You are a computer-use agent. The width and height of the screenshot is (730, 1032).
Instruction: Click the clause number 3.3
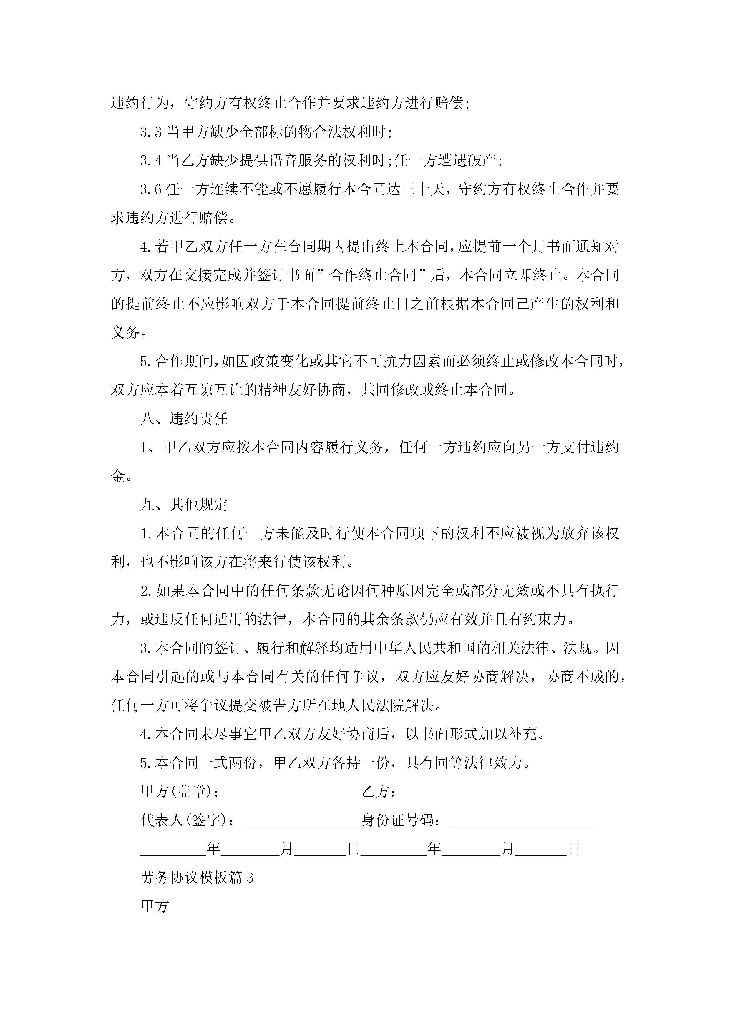pyautogui.click(x=151, y=132)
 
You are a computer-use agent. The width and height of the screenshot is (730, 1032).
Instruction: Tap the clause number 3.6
pyautogui.click(x=151, y=189)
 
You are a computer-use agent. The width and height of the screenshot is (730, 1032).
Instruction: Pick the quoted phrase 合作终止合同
pyautogui.click(x=373, y=275)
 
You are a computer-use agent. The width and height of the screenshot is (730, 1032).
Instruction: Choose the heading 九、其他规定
pyautogui.click(x=184, y=505)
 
